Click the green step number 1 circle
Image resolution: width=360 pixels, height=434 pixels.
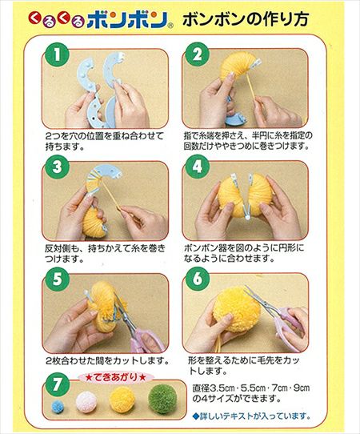click(x=57, y=54)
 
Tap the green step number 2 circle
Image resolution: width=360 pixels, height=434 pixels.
click(x=197, y=54)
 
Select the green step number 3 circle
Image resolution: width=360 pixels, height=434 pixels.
click(x=57, y=167)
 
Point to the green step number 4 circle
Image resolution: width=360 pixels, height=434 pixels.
click(x=198, y=167)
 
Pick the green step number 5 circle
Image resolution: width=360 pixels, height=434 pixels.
click(x=58, y=279)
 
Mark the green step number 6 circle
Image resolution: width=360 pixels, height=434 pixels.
click(x=198, y=279)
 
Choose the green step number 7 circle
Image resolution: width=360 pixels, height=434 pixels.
click(x=57, y=384)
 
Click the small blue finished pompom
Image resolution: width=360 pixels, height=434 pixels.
click(x=58, y=406)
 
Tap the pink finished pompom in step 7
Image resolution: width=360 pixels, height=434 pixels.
click(x=86, y=402)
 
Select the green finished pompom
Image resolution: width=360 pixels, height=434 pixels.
click(x=162, y=399)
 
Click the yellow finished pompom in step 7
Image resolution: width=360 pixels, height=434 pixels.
click(x=122, y=399)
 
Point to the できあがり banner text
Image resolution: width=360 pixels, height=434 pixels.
click(x=115, y=377)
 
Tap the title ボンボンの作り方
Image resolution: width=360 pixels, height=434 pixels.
click(x=246, y=19)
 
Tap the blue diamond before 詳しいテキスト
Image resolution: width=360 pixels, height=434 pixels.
click(x=196, y=416)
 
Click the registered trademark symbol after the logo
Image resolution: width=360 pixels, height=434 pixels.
click(x=171, y=26)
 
